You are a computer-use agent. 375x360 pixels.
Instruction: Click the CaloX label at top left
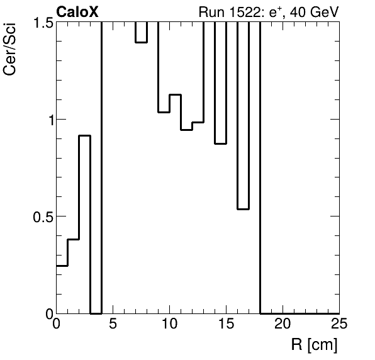[77, 11]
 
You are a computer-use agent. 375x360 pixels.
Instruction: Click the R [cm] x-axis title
[314, 344]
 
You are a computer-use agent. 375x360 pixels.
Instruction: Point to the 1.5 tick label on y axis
[42, 23]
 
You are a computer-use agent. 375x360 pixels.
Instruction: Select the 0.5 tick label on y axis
[42, 217]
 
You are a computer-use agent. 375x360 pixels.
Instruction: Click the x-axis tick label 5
[113, 324]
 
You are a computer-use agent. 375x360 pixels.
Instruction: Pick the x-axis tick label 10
[169, 324]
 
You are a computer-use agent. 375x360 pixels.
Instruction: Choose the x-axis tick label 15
[226, 324]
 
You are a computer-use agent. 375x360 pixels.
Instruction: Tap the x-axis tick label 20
[283, 324]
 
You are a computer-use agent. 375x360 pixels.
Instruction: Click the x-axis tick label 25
[339, 324]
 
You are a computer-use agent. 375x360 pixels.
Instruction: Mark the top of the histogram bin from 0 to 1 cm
[62, 266]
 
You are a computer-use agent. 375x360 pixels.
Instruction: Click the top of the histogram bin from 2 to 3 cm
[85, 135]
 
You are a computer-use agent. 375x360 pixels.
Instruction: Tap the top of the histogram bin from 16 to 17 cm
[243, 209]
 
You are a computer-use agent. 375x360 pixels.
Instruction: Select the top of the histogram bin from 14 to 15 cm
[220, 143]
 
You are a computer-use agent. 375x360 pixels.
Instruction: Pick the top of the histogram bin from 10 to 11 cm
[175, 94]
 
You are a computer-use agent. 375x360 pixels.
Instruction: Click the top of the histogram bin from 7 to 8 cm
[141, 42]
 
